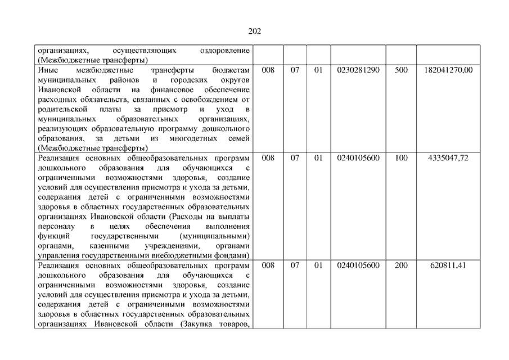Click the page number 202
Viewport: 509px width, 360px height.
254,31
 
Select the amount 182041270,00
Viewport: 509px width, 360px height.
448,70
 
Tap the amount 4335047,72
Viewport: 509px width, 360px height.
448,158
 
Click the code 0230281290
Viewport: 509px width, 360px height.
358,70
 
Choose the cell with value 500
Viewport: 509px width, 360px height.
402,70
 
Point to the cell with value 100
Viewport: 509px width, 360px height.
402,158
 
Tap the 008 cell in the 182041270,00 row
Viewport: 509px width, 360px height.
268,70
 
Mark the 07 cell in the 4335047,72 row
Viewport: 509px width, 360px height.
295,158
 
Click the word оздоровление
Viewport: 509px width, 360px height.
225,51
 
